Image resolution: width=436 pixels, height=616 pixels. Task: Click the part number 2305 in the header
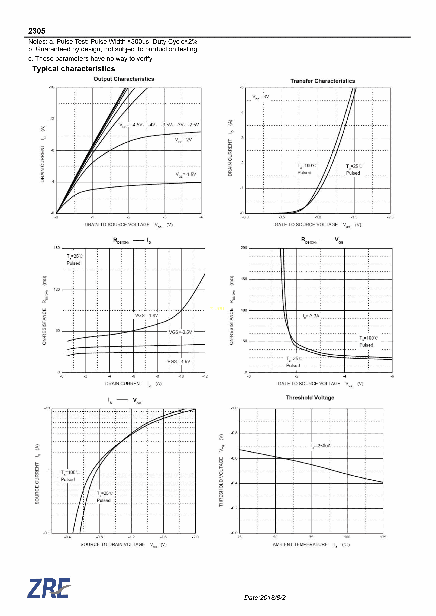tap(37, 31)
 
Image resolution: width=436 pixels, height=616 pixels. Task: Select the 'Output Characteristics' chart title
tap(124, 79)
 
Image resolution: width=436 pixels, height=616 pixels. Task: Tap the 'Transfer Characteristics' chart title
tap(322, 81)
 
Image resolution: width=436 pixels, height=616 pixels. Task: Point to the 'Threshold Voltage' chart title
tap(310, 398)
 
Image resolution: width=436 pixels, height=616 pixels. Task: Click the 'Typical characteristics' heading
tap(74, 69)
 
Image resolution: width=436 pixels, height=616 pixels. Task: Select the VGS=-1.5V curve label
tap(186, 175)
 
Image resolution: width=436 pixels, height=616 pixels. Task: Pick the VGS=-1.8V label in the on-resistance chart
tap(146, 316)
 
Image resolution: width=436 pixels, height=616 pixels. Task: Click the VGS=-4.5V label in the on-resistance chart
tap(179, 361)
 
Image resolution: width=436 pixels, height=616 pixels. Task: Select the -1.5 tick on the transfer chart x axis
tap(354, 217)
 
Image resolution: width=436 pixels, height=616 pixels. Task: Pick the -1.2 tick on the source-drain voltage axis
tap(131, 537)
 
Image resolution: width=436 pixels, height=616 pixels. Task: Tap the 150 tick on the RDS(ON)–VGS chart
tap(244, 279)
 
